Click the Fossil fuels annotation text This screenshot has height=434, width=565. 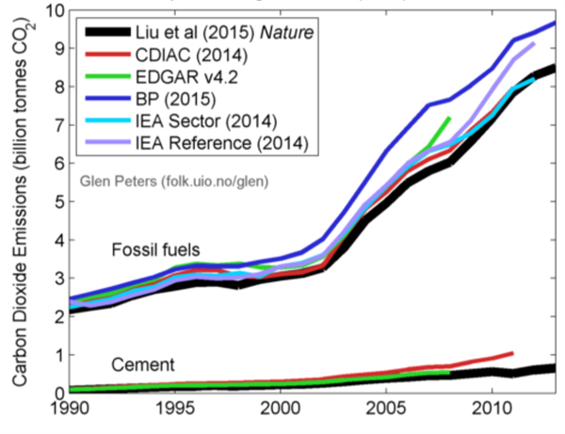click(154, 249)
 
